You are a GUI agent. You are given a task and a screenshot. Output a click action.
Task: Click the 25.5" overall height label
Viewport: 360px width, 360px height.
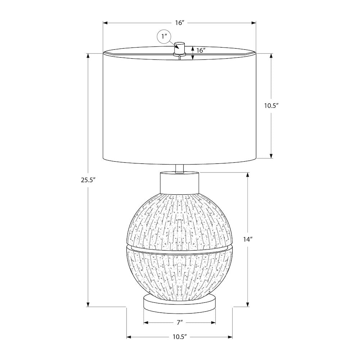[x=88, y=180]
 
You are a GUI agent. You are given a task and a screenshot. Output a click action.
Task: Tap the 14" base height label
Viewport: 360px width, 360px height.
[x=248, y=239]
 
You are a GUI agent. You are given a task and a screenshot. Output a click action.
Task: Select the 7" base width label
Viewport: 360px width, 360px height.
[x=180, y=323]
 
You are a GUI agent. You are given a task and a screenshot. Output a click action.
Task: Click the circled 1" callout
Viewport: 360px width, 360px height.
[x=164, y=36]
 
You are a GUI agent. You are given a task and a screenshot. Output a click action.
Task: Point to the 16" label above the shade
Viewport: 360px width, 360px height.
[x=180, y=23]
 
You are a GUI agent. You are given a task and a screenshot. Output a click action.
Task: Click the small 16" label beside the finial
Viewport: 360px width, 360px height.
[x=201, y=50]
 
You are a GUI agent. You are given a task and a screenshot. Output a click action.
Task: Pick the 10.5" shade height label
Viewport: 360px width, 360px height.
[x=271, y=105]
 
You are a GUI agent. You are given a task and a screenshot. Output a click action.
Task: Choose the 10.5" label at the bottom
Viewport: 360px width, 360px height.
[x=180, y=337]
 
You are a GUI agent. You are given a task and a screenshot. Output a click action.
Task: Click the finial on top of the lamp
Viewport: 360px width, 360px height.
[x=180, y=48]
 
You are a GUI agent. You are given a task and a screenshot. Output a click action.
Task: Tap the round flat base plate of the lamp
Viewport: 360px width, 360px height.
[x=180, y=302]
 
